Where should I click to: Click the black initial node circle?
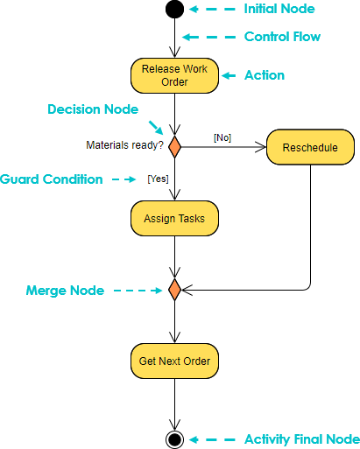174,10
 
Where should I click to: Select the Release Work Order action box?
174,75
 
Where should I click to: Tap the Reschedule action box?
310,147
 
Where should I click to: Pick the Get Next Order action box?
174,360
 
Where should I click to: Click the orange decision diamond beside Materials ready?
174,146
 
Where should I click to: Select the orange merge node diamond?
174,289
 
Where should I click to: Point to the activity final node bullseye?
174,438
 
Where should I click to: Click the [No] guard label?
222,137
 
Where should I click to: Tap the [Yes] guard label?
159,179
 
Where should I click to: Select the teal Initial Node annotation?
279,9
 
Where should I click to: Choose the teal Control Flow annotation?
282,37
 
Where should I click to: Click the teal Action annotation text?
264,75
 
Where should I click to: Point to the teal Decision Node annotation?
92,109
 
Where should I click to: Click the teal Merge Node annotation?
65,290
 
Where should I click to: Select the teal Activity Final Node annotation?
301,438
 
